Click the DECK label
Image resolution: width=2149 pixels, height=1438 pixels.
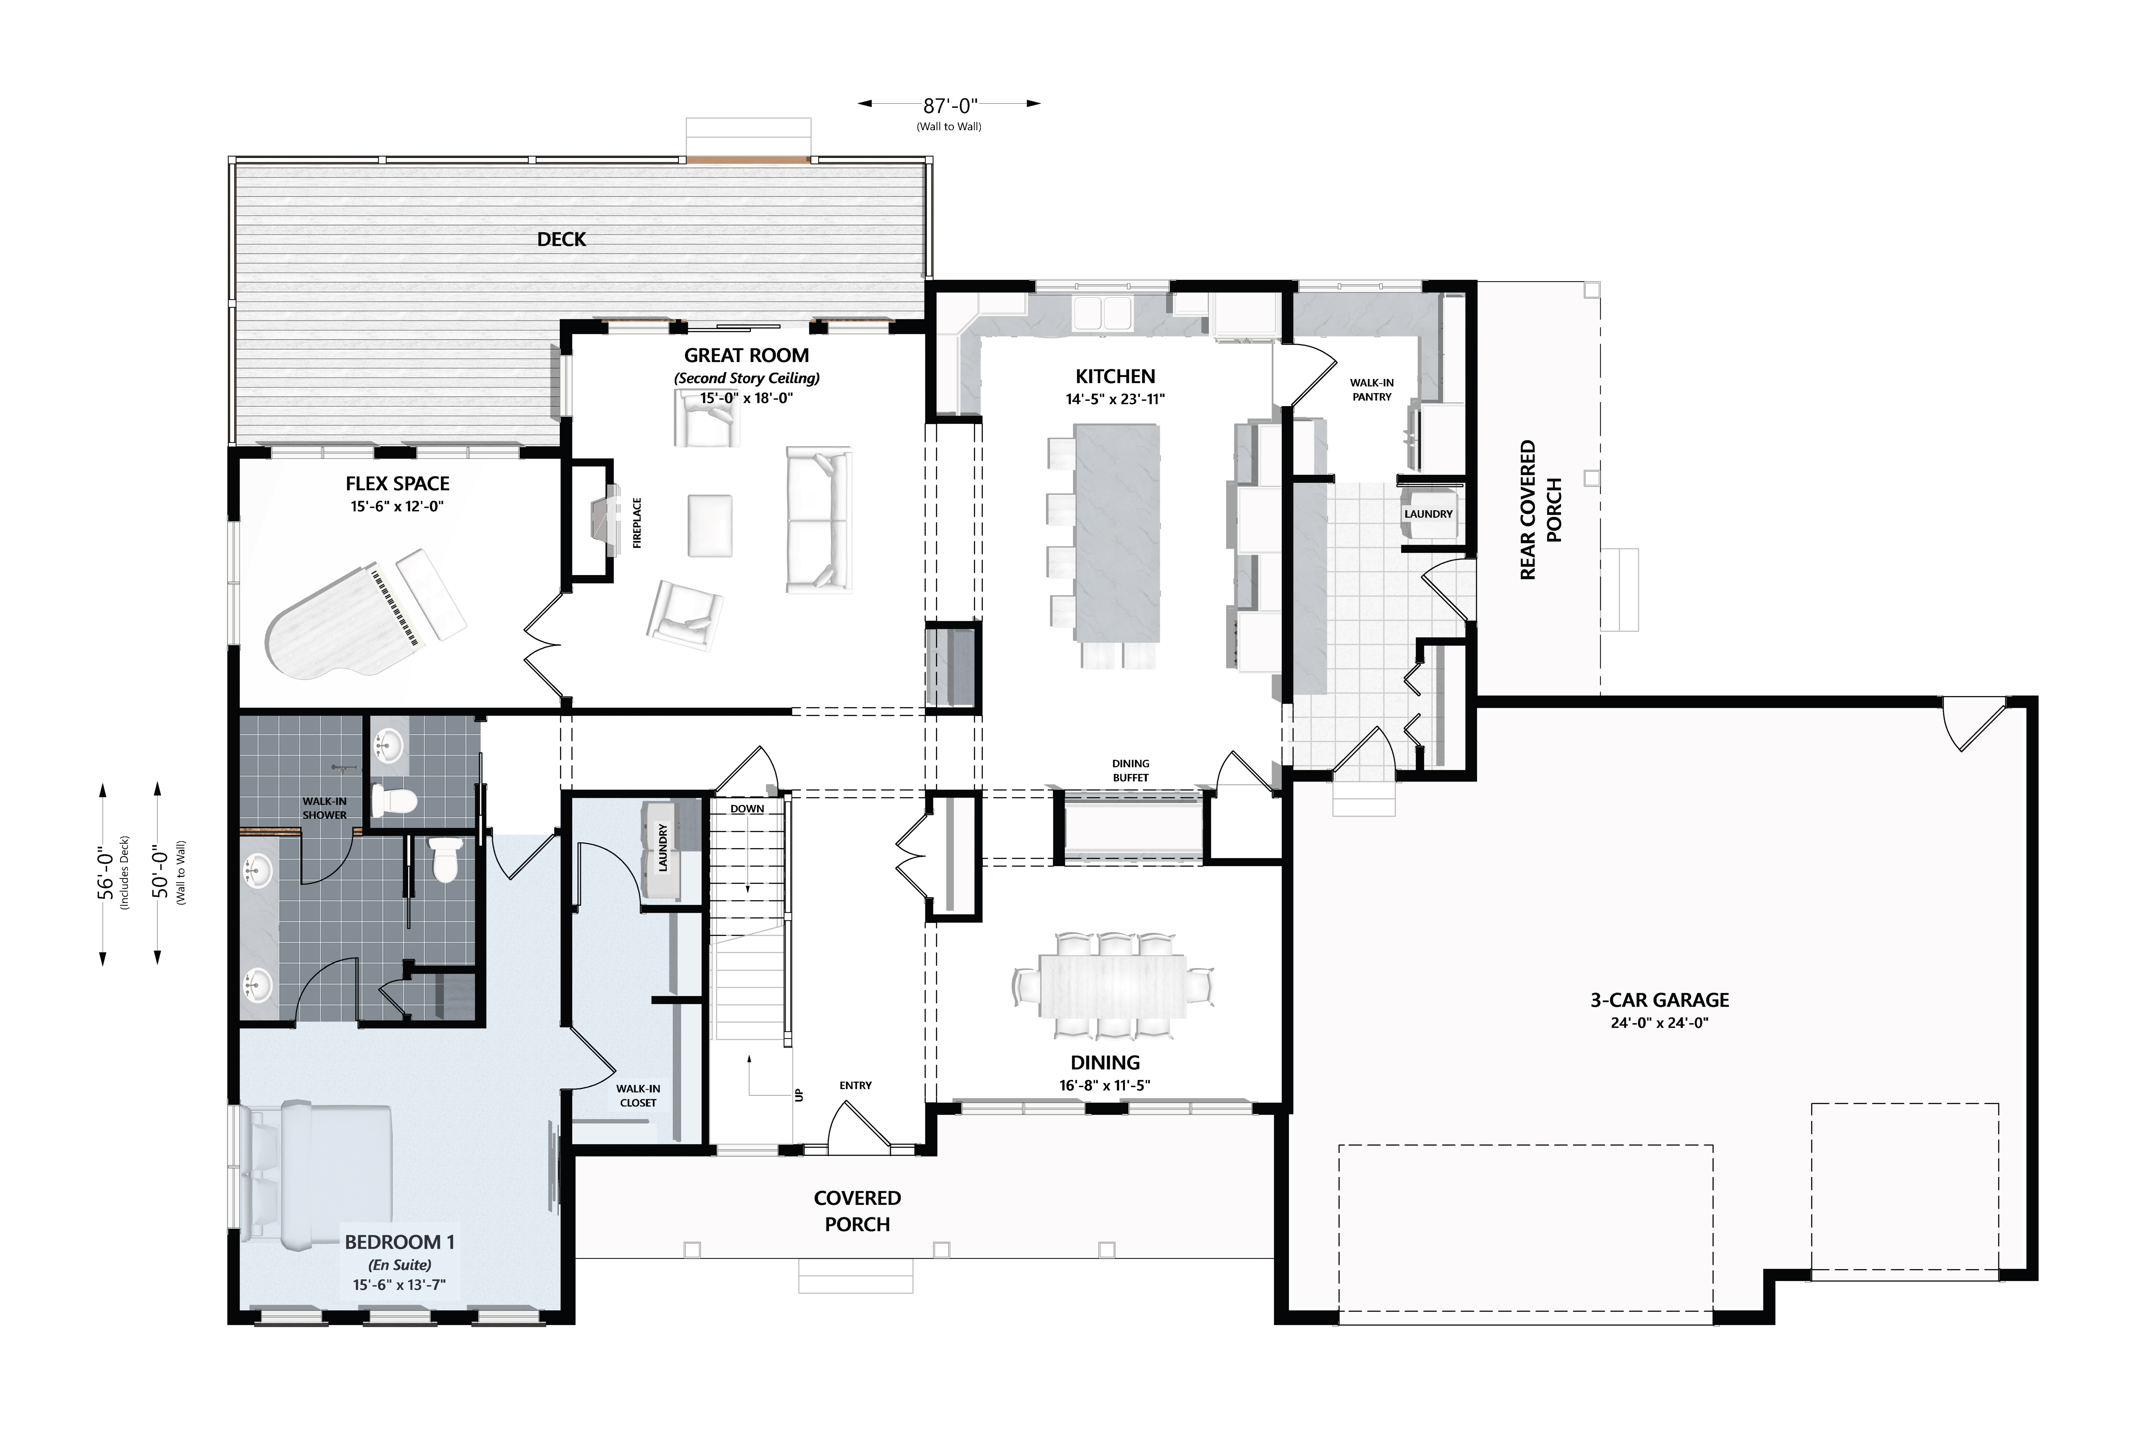pyautogui.click(x=561, y=239)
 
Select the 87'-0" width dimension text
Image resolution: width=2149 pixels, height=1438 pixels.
pyautogui.click(x=950, y=106)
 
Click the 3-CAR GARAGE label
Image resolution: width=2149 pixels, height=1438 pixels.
pyautogui.click(x=1660, y=1001)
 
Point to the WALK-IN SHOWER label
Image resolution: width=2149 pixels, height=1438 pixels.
pyautogui.click(x=325, y=808)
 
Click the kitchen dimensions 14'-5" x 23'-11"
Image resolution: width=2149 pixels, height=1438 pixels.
pyautogui.click(x=1115, y=399)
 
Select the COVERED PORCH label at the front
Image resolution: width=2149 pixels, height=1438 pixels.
pyautogui.click(x=858, y=1211)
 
